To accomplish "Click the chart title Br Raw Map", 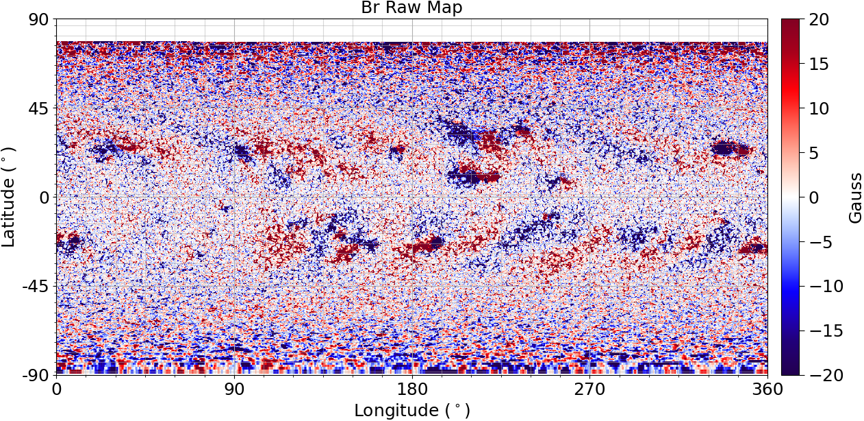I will [411, 8].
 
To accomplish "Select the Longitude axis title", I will [411, 410].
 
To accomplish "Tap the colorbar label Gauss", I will [855, 197].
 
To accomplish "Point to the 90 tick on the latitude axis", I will [38, 20].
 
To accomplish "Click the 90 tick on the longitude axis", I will [234, 389].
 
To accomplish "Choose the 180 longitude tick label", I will [412, 389].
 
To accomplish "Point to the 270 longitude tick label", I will [589, 389].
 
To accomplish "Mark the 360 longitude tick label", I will [767, 389].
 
